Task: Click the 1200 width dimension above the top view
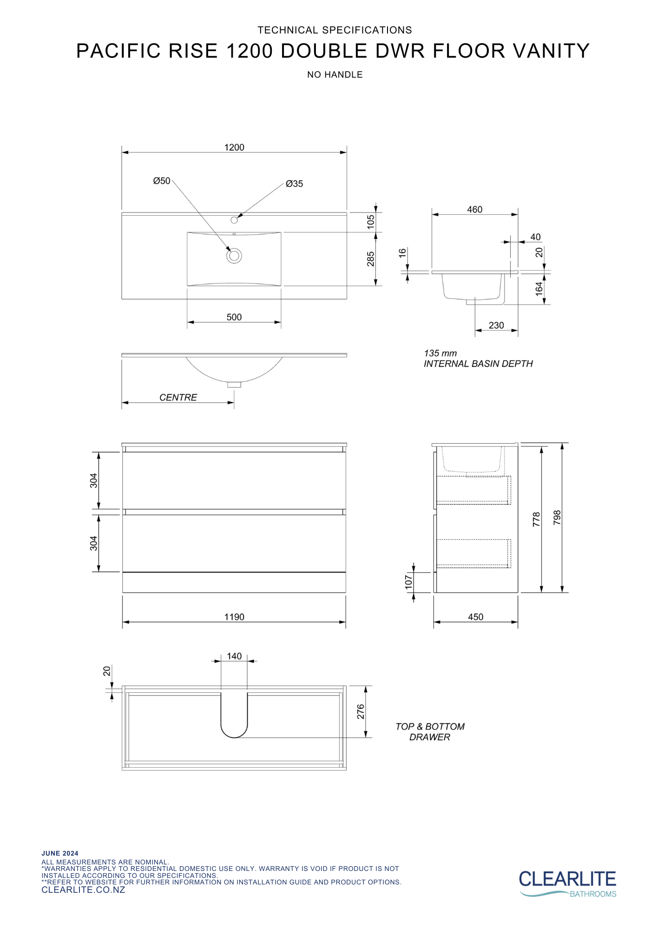coord(234,147)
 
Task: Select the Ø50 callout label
coord(162,181)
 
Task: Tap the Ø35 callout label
coord(294,184)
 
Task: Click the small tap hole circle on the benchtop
coord(234,220)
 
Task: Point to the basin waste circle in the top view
coord(234,256)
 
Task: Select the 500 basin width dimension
coord(234,317)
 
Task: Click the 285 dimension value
coord(371,259)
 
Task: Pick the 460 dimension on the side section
coord(474,210)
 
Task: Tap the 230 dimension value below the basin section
coord(496,325)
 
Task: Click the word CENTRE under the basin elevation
coord(178,398)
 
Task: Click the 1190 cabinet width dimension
coord(234,617)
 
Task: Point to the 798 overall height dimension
coord(557,518)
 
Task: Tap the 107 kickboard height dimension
coord(409,582)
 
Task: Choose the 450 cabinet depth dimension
coord(475,617)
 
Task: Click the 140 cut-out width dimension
coord(234,656)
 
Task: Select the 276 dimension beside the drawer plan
coord(361,711)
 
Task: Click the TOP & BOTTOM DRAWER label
coord(430,731)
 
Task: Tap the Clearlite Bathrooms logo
coord(567,883)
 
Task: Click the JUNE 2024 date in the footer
coord(60,853)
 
